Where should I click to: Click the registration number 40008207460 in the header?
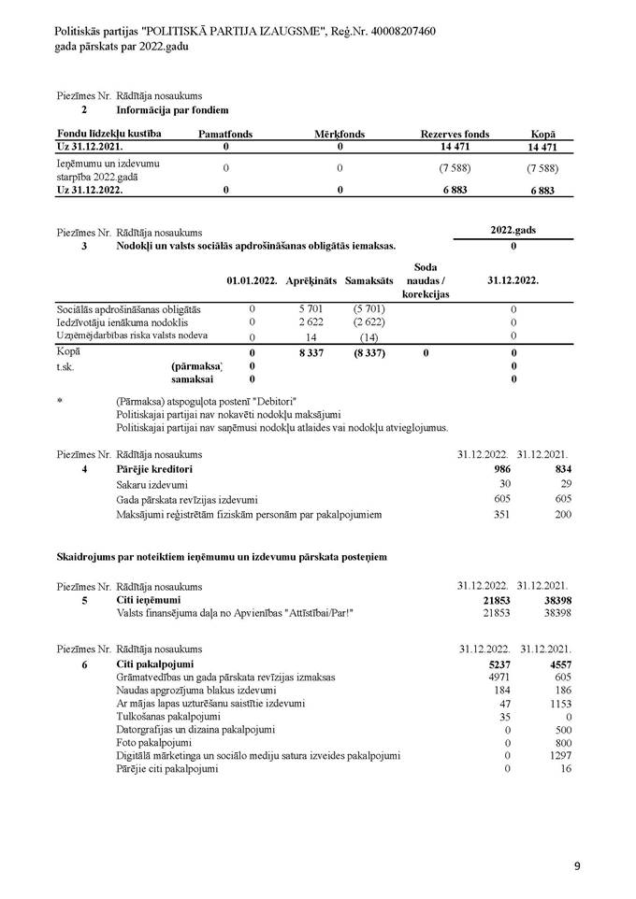click(x=397, y=32)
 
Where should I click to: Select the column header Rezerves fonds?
click(x=455, y=135)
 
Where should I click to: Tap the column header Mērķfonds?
click(x=340, y=135)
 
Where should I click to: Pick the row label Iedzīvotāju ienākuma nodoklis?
click(x=120, y=322)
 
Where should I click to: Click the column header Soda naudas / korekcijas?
click(x=426, y=280)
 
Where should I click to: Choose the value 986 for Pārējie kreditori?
click(x=500, y=468)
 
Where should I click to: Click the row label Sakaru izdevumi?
click(x=151, y=484)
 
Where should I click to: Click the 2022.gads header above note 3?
click(x=513, y=231)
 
